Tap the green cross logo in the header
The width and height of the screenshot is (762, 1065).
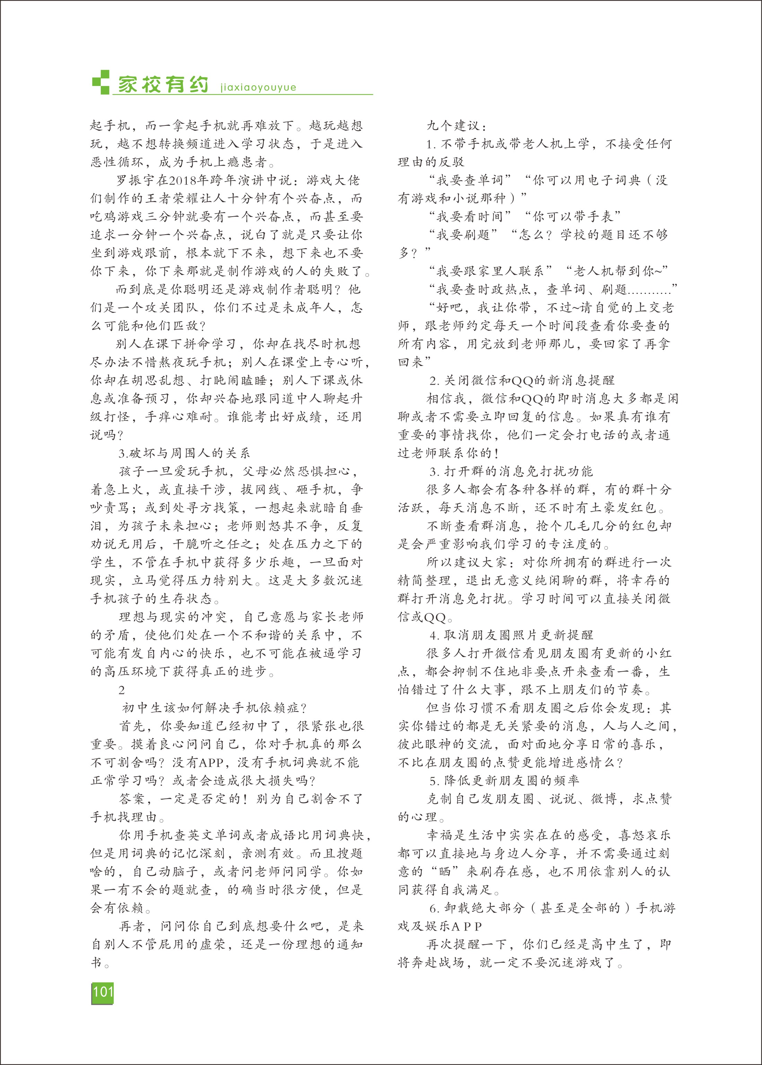(x=100, y=82)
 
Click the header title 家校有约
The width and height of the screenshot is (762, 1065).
(x=163, y=85)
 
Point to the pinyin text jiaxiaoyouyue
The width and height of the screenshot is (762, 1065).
(x=258, y=88)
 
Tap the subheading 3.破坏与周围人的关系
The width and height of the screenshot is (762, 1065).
(x=184, y=453)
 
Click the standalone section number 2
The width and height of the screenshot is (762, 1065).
(x=122, y=690)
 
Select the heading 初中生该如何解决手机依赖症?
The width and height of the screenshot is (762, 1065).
(x=214, y=708)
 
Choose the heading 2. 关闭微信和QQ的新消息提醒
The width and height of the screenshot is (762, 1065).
(x=522, y=381)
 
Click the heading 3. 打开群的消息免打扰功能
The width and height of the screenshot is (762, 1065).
(x=511, y=472)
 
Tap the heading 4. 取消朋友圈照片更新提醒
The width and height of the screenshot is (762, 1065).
(x=511, y=635)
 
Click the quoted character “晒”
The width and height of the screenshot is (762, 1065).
(x=444, y=872)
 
